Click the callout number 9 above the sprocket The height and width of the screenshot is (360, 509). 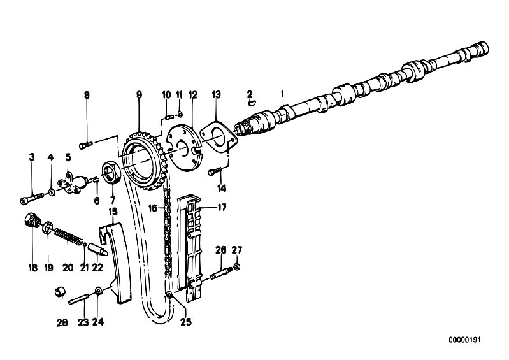click(x=139, y=95)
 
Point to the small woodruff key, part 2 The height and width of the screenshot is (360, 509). click(x=251, y=103)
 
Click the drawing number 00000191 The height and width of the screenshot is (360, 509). click(x=464, y=340)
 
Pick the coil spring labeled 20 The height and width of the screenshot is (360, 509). click(x=68, y=236)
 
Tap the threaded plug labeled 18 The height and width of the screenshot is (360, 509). click(x=32, y=220)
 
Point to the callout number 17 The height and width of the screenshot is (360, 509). click(x=222, y=207)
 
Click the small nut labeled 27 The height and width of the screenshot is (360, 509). click(x=237, y=267)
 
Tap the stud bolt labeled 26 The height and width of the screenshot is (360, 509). click(x=221, y=273)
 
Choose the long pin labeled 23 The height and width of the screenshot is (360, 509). click(x=78, y=299)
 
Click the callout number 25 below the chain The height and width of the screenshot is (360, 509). click(x=186, y=322)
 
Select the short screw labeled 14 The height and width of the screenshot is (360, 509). click(x=215, y=171)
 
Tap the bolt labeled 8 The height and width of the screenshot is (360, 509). click(x=86, y=144)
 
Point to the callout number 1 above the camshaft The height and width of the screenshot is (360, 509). click(x=282, y=94)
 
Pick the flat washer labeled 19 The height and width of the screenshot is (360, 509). click(x=48, y=227)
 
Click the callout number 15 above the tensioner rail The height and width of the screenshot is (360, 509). click(x=113, y=212)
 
